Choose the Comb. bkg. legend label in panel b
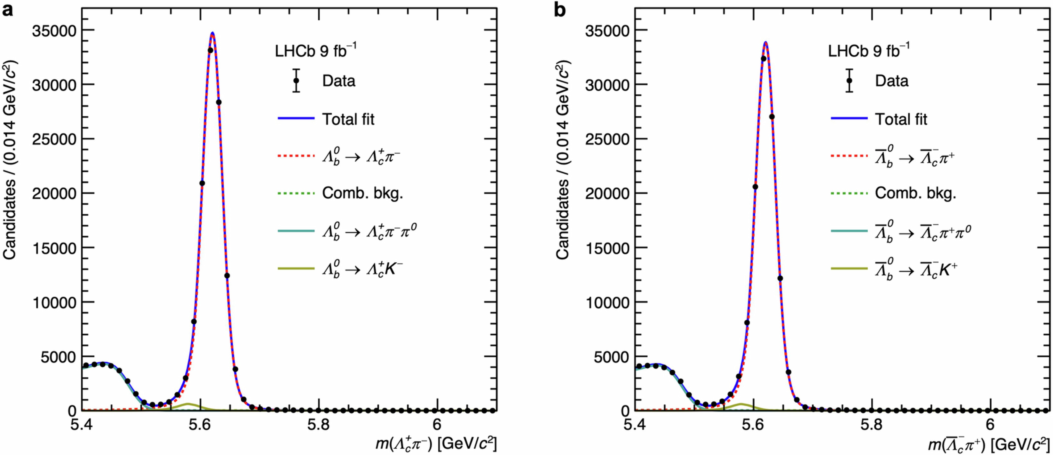915,193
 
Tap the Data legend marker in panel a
296,81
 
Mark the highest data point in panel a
211,50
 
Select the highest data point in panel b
763,58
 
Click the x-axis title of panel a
436,443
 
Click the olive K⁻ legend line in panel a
296,269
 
